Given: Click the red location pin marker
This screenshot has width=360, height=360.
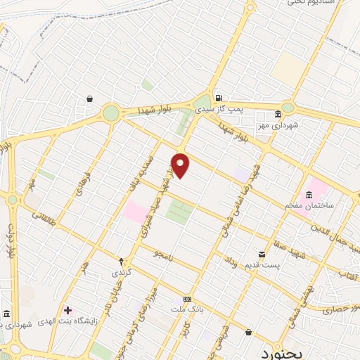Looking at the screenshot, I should point(181,165).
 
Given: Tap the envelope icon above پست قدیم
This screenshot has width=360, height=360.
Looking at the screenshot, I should point(262,253).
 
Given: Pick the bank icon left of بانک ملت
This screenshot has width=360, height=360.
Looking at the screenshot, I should point(186,298).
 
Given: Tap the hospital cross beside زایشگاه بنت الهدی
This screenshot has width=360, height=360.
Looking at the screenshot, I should point(67,310).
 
